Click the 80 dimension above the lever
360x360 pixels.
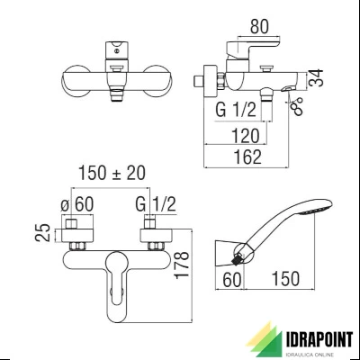coord(260,26)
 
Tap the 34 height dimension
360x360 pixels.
coord(317,78)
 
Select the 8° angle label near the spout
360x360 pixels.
coord(298,106)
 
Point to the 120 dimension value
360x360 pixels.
coord(245,136)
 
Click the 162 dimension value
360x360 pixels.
coord(247,157)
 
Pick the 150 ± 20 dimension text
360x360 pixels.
coord(112,173)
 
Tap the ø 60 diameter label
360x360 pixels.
coord(77,204)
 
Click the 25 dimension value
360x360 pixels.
coord(43,232)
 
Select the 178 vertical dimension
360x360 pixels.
coord(183,265)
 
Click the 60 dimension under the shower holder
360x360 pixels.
coord(232,279)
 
